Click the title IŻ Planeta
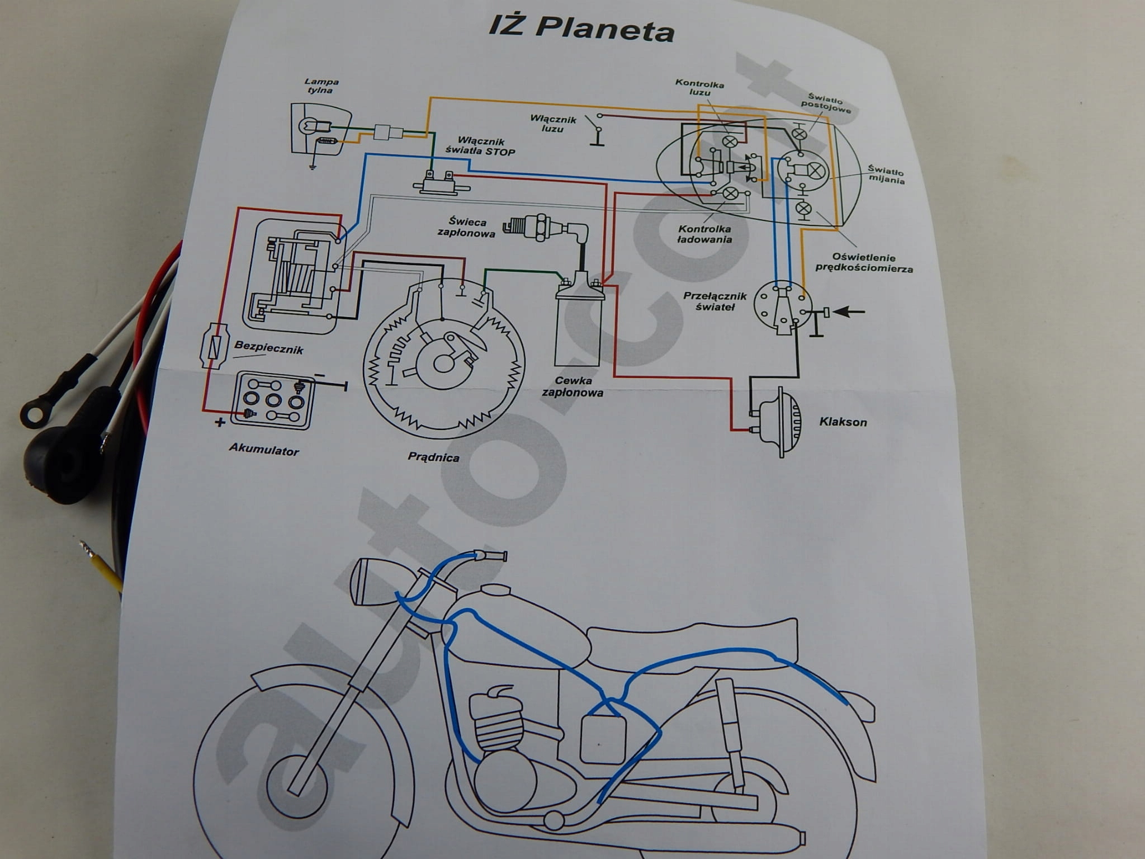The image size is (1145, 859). click(581, 28)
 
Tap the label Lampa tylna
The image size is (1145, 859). click(321, 86)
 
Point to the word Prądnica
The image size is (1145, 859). click(433, 457)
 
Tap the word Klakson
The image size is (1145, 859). click(843, 422)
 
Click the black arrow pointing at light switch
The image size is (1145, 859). click(849, 312)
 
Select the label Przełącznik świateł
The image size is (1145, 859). click(714, 301)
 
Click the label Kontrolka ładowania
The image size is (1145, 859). click(704, 234)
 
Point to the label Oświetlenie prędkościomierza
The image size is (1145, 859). click(863, 262)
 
